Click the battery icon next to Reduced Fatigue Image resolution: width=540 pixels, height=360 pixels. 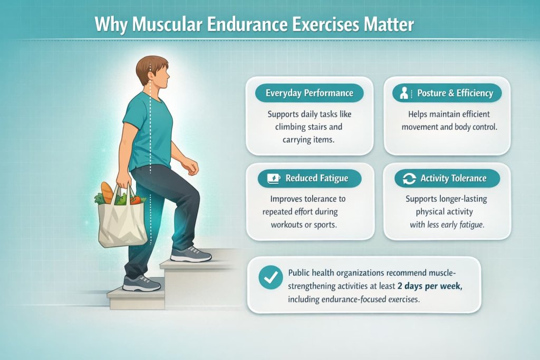pos(274,179)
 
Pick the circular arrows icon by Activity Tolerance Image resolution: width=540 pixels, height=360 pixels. pos(409,179)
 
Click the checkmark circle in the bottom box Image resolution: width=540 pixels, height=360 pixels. pos(271,277)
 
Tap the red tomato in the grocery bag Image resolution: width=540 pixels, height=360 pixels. pos(137,200)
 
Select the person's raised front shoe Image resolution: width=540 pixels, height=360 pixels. pos(191,255)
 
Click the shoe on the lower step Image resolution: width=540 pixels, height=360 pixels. pos(141,284)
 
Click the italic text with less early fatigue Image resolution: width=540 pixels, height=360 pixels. pos(447,224)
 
